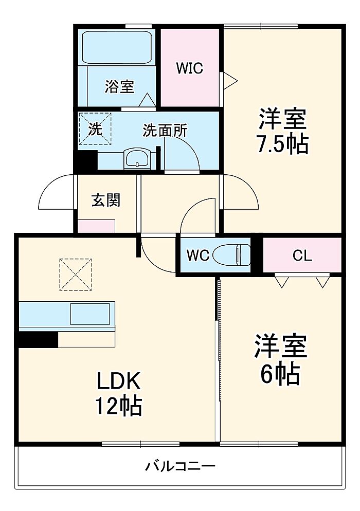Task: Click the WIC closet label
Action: (189, 68)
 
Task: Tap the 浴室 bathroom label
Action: (119, 86)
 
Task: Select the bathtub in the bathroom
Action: (117, 47)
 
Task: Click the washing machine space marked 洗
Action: (95, 129)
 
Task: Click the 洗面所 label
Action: (165, 131)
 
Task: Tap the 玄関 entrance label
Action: (106, 200)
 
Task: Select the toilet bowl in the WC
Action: (231, 254)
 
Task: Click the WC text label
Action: (197, 255)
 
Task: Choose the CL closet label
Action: (302, 255)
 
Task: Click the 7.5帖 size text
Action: (282, 144)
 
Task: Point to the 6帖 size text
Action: (280, 374)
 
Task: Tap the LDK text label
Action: (119, 380)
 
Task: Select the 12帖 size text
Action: (118, 405)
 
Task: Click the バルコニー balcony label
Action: (180, 466)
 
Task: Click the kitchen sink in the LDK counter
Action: (90, 314)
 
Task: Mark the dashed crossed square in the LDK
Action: (75, 275)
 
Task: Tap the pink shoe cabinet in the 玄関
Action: (96, 226)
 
